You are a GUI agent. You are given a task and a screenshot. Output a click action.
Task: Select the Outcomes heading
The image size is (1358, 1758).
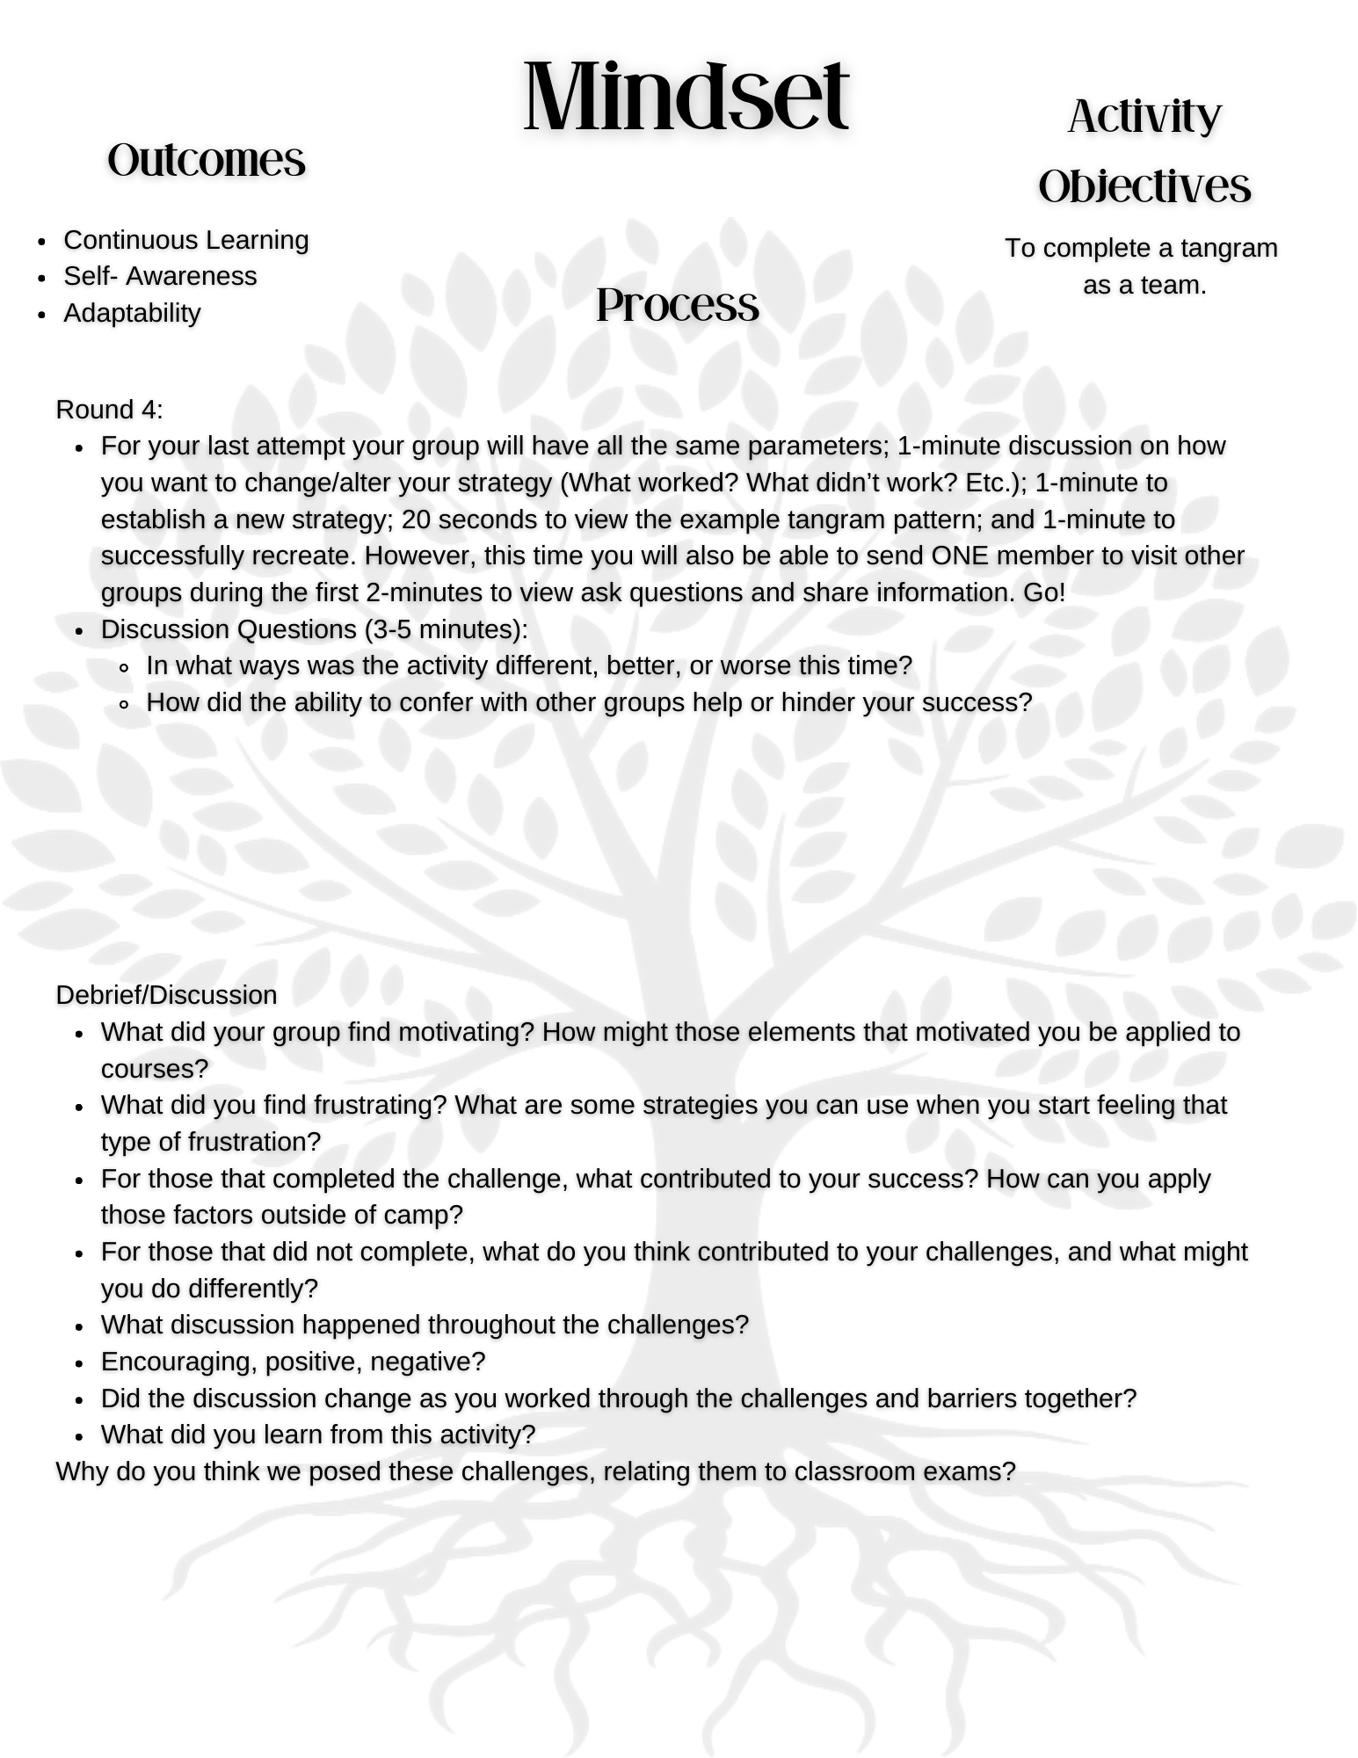207,160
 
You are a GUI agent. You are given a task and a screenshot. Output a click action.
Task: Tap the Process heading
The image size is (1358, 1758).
677,305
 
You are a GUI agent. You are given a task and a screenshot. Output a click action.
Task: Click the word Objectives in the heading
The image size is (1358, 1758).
1144,186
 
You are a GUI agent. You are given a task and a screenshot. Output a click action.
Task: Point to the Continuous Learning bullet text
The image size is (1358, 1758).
186,240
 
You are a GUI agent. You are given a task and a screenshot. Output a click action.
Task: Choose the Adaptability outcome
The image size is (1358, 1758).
132,313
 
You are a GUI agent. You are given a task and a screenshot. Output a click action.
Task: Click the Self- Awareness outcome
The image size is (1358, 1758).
160,276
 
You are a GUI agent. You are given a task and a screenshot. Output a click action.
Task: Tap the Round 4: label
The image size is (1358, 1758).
109,410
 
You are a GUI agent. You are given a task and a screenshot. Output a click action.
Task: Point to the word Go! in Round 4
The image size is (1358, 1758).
1043,592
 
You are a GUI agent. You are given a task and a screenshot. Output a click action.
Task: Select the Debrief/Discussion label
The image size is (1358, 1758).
166,995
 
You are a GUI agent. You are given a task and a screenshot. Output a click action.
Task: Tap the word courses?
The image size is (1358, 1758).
155,1069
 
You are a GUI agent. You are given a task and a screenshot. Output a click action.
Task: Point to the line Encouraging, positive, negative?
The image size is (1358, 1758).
293,1362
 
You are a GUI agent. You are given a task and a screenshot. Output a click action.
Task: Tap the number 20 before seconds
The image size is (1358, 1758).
416,519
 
